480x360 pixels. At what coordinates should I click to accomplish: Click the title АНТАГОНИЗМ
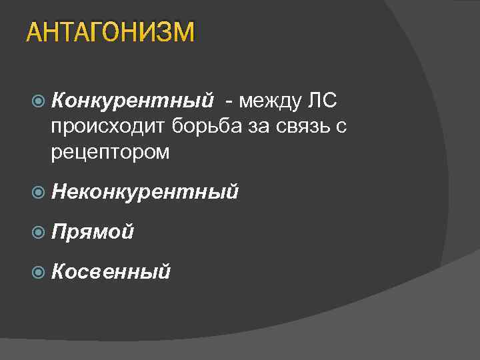111,33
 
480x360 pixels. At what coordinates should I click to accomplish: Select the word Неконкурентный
145,192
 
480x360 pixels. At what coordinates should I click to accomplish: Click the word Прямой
92,231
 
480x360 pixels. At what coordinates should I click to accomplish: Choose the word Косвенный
111,271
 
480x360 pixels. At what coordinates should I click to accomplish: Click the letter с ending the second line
341,127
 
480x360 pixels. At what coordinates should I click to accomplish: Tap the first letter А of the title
33,33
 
